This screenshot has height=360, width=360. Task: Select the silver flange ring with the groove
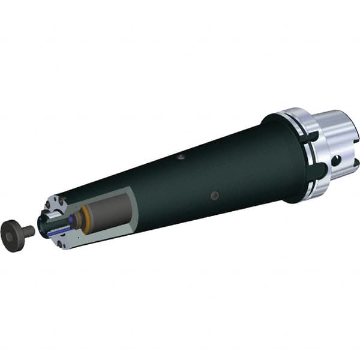(x=303, y=153)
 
